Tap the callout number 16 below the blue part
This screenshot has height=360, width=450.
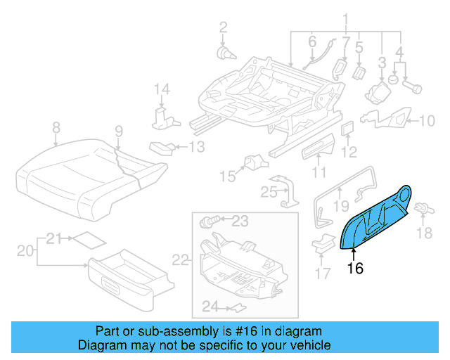[x=355, y=267]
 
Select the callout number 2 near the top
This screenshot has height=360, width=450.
[x=223, y=27]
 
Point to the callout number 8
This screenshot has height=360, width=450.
[x=56, y=128]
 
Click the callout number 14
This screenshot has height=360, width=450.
[x=162, y=89]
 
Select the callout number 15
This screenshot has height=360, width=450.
[x=226, y=175]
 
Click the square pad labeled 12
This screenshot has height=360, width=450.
[x=347, y=128]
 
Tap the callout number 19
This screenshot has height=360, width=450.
[x=340, y=205]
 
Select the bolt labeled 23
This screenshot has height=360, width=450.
[x=208, y=222]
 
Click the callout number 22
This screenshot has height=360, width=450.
[x=181, y=260]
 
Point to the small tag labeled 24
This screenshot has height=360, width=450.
[x=238, y=307]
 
